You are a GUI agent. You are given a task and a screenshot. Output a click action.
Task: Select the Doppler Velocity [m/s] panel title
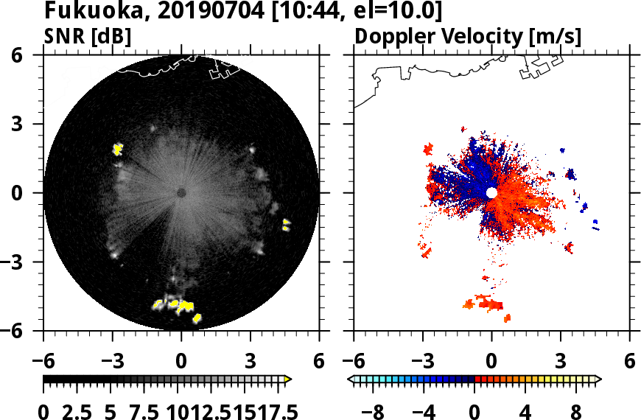click(x=469, y=37)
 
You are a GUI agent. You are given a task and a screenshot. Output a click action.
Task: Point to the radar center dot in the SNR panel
click(x=181, y=193)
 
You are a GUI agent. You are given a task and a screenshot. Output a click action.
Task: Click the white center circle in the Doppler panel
click(x=491, y=192)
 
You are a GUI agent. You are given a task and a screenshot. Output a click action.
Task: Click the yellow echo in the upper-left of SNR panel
click(x=117, y=150)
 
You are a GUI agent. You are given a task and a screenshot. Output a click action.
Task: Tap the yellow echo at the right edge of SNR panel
click(x=287, y=225)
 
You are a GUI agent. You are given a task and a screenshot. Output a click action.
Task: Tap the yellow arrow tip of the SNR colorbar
click(x=288, y=379)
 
